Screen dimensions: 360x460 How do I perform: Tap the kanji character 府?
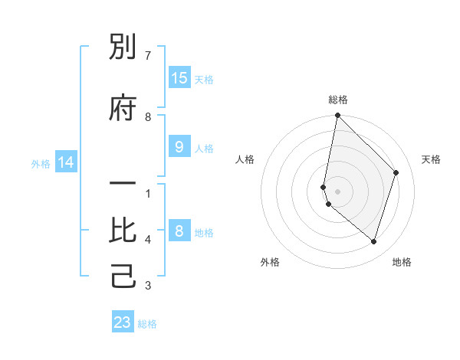pos(123,108)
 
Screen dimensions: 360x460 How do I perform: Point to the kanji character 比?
pos(123,231)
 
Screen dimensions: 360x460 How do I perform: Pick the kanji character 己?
pos(123,277)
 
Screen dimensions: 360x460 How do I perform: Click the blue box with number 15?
pos(179,77)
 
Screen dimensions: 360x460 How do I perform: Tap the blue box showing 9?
pos(179,147)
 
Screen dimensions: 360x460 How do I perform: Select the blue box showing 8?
pos(179,231)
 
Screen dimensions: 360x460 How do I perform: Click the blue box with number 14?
pos(65,162)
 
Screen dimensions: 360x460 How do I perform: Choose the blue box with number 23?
pos(123,322)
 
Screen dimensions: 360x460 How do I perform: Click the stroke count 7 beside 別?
pos(148,56)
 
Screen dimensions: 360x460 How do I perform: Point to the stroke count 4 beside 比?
pos(148,240)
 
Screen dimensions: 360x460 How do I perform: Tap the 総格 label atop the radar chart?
pos(338,100)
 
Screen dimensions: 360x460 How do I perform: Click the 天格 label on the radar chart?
pos(431,159)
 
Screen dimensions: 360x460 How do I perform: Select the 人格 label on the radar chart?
pos(245,159)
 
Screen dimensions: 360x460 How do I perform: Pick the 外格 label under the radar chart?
pos(270,263)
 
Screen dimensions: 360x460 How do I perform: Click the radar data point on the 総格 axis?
pos(337,116)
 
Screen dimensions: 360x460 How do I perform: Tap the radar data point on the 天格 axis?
pos(396,172)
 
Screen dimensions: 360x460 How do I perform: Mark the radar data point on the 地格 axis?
pos(374,241)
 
